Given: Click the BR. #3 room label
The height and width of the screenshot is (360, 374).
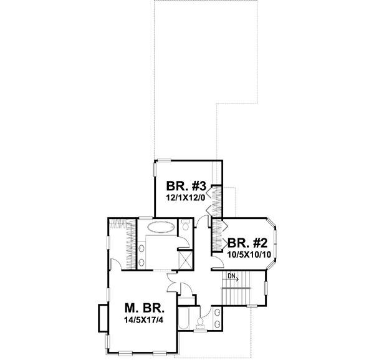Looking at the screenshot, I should pos(186,186).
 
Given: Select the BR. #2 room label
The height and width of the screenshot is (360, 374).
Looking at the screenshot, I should pos(247,243).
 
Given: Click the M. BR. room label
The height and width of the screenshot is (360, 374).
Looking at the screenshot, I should pos(144,309).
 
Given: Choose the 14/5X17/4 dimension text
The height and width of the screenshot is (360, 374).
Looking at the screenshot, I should pos(144,322).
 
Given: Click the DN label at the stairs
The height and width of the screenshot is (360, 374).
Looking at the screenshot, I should pos(231,276).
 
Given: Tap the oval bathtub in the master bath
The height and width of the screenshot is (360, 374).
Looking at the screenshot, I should pos(160,226).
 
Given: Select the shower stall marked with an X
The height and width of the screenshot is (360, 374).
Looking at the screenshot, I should pos(185,258).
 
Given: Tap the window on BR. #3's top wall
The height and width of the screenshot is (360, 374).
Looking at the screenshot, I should pos(165,160).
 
